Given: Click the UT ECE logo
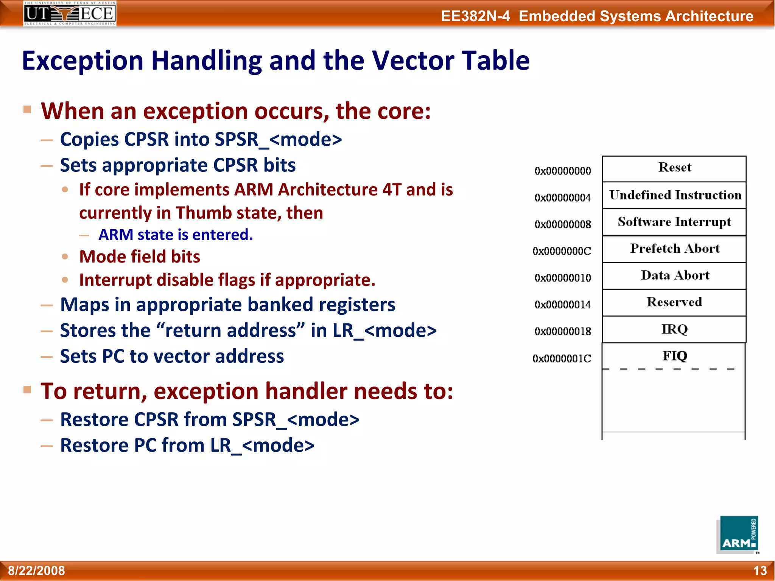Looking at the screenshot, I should tap(70, 13).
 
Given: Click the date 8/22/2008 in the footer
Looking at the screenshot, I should tap(36, 570).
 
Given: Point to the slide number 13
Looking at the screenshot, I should tap(759, 570).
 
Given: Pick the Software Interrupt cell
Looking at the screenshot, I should tap(674, 222).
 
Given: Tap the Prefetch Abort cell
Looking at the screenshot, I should tap(674, 249).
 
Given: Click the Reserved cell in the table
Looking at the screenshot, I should tap(674, 302).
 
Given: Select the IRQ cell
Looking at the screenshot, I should tap(674, 329).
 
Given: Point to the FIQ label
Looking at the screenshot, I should tap(674, 356).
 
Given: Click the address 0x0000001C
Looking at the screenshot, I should tap(562, 359).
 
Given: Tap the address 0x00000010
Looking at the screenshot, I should tap(562, 278).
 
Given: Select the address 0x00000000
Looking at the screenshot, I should tap(562, 171).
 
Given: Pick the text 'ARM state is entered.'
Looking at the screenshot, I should tap(176, 235).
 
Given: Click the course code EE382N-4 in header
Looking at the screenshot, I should tap(475, 16).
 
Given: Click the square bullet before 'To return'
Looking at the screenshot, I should tap(27, 390).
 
